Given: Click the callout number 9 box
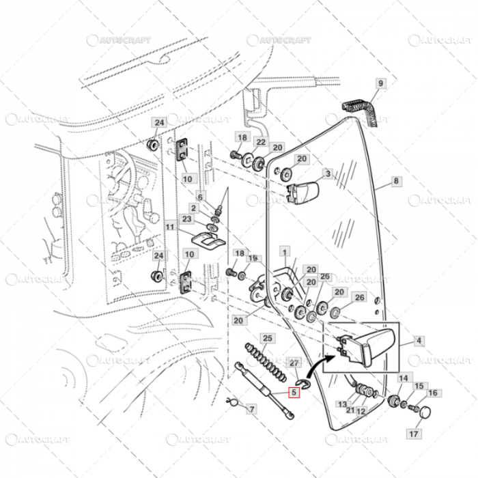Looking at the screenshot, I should [x=381, y=84].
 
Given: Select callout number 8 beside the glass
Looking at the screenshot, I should [x=395, y=182].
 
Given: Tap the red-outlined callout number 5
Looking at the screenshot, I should [x=294, y=393].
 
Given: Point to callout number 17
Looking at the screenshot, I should [x=414, y=433].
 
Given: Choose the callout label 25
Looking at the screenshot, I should [x=268, y=339].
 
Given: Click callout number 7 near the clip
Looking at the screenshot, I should [x=251, y=409].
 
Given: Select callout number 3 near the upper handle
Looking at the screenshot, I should [x=327, y=175].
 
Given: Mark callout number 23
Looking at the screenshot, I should [x=187, y=219].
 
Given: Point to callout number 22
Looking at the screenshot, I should [x=260, y=142].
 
